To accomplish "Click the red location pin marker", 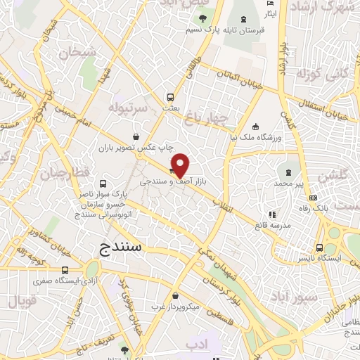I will pyautogui.click(x=180, y=164).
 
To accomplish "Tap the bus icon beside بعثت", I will pyautogui.click(x=170, y=98).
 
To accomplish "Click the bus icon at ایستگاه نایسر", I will pyautogui.click(x=320, y=247).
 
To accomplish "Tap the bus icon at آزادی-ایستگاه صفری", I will pyautogui.click(x=65, y=270).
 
